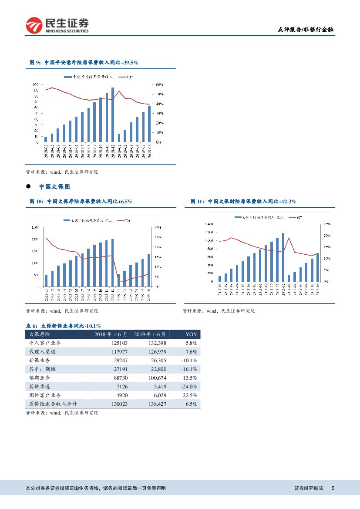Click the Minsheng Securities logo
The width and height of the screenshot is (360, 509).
(x=57, y=25)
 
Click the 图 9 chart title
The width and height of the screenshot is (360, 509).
(x=84, y=63)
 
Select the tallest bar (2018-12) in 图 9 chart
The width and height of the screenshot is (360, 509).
(x=113, y=115)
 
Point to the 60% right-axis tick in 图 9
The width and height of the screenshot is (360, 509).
(x=159, y=84)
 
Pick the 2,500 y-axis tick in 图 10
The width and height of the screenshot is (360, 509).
(x=36, y=228)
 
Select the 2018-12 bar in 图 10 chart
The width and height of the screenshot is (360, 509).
(x=112, y=263)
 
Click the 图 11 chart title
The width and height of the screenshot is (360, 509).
(x=243, y=201)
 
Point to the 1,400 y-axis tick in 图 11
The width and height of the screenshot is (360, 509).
(x=209, y=224)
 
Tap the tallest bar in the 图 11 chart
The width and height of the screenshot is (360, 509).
(x=283, y=257)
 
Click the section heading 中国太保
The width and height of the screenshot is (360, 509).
(x=54, y=186)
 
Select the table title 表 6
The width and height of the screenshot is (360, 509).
(x=64, y=326)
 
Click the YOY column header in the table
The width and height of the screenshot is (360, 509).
(x=191, y=334)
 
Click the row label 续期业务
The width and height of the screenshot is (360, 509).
(x=39, y=378)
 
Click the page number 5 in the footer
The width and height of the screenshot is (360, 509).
(x=333, y=489)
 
